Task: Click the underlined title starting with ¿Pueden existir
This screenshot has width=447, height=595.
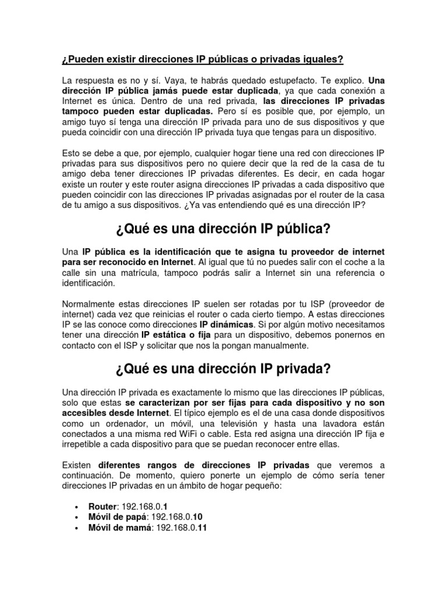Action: (203, 60)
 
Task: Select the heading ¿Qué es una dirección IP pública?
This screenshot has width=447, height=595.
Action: (223, 230)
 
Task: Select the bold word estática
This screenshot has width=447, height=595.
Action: (172, 335)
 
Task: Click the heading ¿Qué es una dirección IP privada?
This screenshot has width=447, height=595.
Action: (223, 369)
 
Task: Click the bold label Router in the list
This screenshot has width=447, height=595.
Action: (102, 506)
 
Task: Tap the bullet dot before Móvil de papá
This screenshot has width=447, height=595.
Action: (77, 517)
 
